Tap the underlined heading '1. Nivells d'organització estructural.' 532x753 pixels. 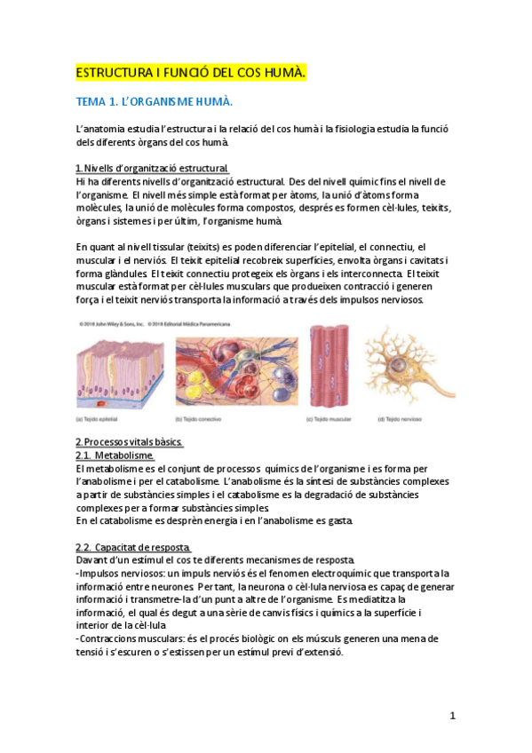tap(153, 169)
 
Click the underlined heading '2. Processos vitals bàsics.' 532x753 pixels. tap(130, 442)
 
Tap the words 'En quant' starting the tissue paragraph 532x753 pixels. tap(94, 247)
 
